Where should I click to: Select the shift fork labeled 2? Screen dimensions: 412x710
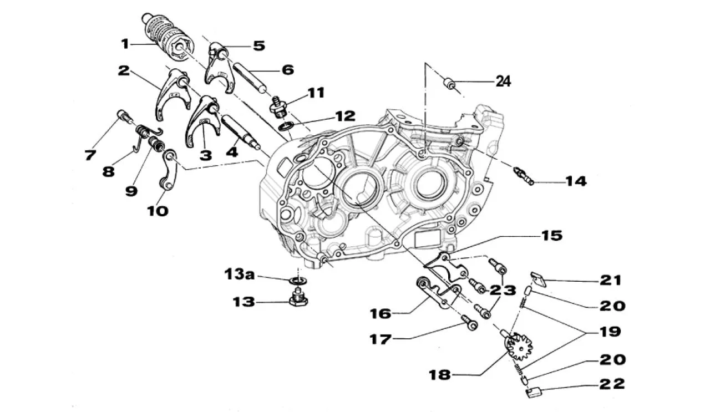171,91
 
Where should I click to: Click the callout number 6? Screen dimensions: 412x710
287,70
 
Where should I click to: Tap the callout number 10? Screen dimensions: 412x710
158,211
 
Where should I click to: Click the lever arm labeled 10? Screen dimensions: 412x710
168,170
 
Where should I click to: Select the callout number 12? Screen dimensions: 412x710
344,116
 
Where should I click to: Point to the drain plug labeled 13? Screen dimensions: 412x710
298,299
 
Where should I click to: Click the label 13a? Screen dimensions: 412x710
242,274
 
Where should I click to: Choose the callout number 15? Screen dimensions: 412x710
551,236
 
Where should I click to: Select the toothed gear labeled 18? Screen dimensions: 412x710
519,348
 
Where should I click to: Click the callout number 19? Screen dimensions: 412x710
609,332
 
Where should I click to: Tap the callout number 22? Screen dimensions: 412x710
612,384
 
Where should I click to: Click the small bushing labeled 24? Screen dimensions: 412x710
450,84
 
